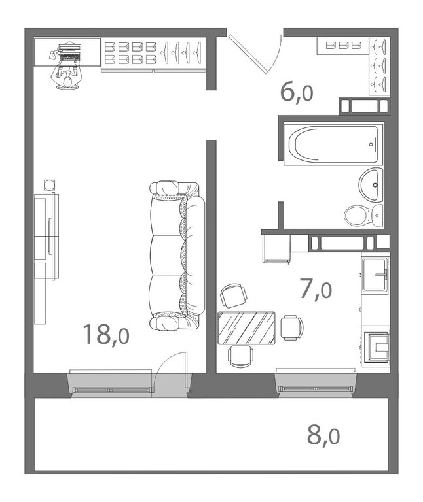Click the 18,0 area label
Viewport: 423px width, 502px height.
click(x=106, y=335)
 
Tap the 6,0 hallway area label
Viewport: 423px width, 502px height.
click(x=297, y=92)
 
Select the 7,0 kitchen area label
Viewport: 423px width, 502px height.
click(x=316, y=290)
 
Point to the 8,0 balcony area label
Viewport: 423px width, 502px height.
click(x=323, y=435)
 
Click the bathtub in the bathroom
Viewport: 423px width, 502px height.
click(x=333, y=144)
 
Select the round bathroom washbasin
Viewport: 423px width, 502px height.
click(x=371, y=184)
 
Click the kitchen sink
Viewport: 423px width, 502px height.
click(x=375, y=275)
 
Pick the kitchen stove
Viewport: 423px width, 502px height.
click(x=376, y=348)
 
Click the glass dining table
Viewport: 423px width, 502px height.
click(x=246, y=327)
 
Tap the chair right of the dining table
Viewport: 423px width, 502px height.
click(x=292, y=327)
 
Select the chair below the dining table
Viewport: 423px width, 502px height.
click(x=240, y=356)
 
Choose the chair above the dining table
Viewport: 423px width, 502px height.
click(x=234, y=295)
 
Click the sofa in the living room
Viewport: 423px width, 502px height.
click(x=177, y=255)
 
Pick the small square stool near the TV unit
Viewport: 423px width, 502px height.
click(x=49, y=185)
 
